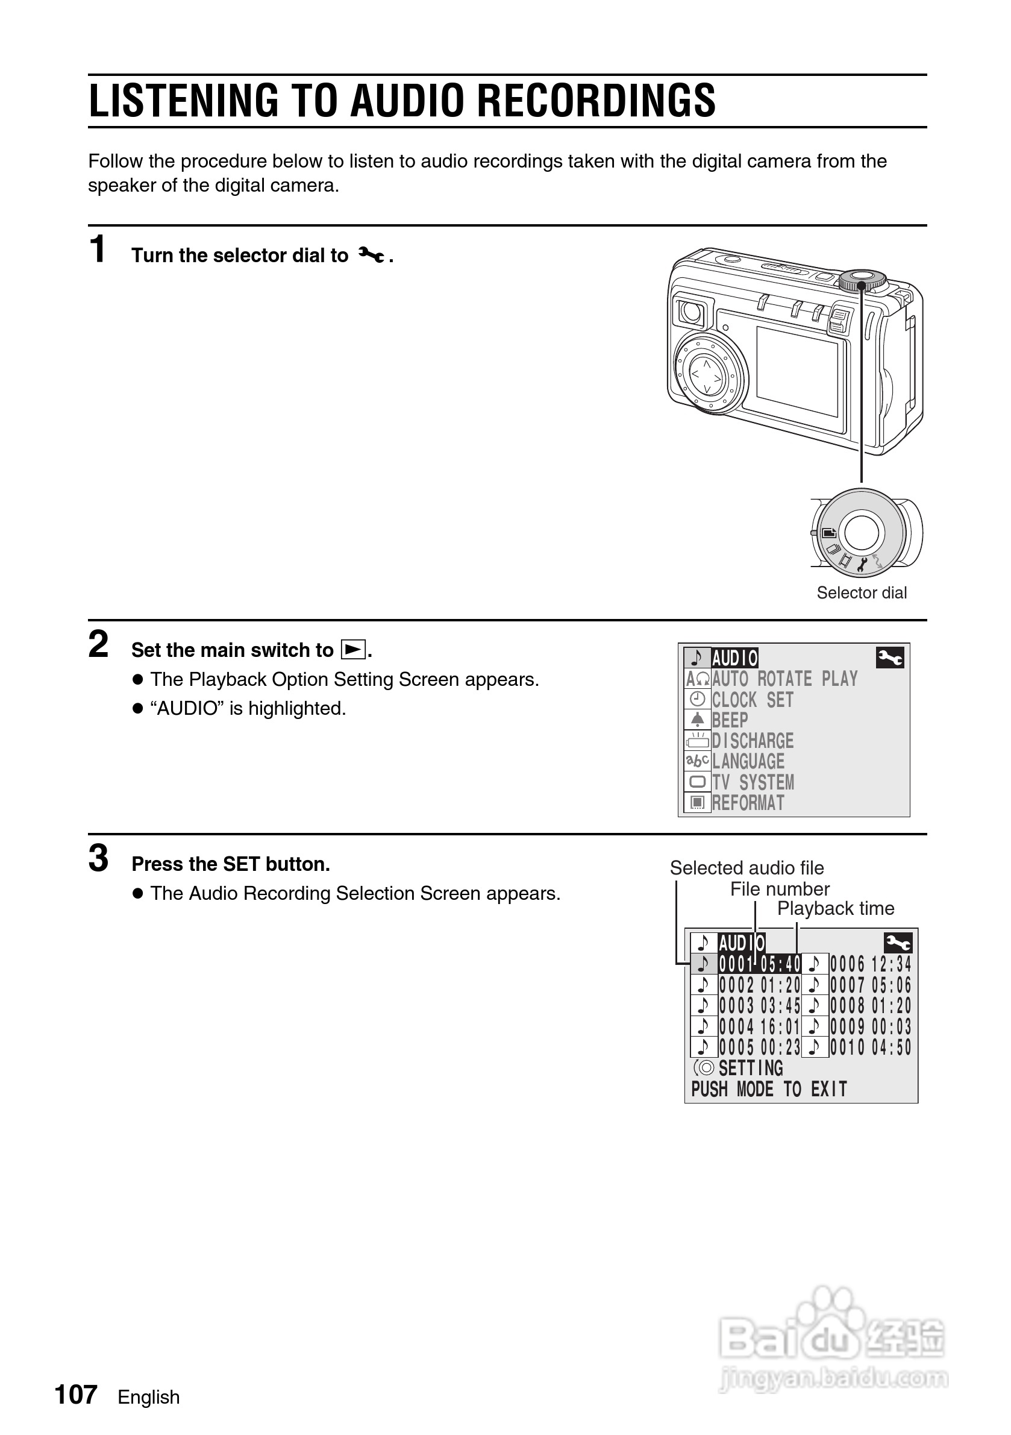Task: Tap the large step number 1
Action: (x=98, y=250)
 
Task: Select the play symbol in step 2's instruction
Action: (x=352, y=650)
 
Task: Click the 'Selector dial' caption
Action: (x=861, y=592)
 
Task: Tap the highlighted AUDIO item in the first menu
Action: (x=735, y=658)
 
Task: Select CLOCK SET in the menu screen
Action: (x=753, y=700)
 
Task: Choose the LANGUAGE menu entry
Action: (x=748, y=762)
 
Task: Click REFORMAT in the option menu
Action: (x=748, y=803)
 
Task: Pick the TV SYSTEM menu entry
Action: (x=753, y=782)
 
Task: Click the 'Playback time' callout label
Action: (x=836, y=909)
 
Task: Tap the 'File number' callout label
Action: (x=780, y=889)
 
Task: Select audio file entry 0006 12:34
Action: (x=871, y=964)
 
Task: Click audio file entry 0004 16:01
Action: (x=759, y=1026)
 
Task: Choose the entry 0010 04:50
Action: (x=871, y=1047)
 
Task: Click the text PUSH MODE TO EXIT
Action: (x=769, y=1090)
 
